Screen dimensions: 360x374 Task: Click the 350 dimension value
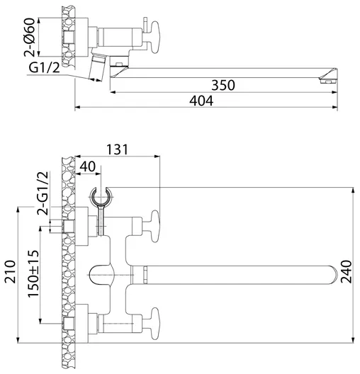pyautogui.click(x=223, y=85)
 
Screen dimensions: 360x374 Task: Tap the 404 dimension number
pyautogui.click(x=201, y=101)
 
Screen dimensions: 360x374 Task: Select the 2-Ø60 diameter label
pyautogui.click(x=30, y=38)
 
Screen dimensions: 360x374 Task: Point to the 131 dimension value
pyautogui.click(x=117, y=149)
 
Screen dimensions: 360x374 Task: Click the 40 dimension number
pyautogui.click(x=88, y=166)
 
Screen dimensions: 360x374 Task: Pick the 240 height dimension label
pyautogui.click(x=346, y=272)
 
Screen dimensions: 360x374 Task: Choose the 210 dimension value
pyautogui.click(x=10, y=272)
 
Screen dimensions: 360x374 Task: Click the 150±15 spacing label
pyautogui.click(x=33, y=273)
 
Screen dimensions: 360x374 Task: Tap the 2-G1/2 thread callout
pyautogui.click(x=43, y=193)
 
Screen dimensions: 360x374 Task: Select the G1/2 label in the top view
pyautogui.click(x=44, y=68)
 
